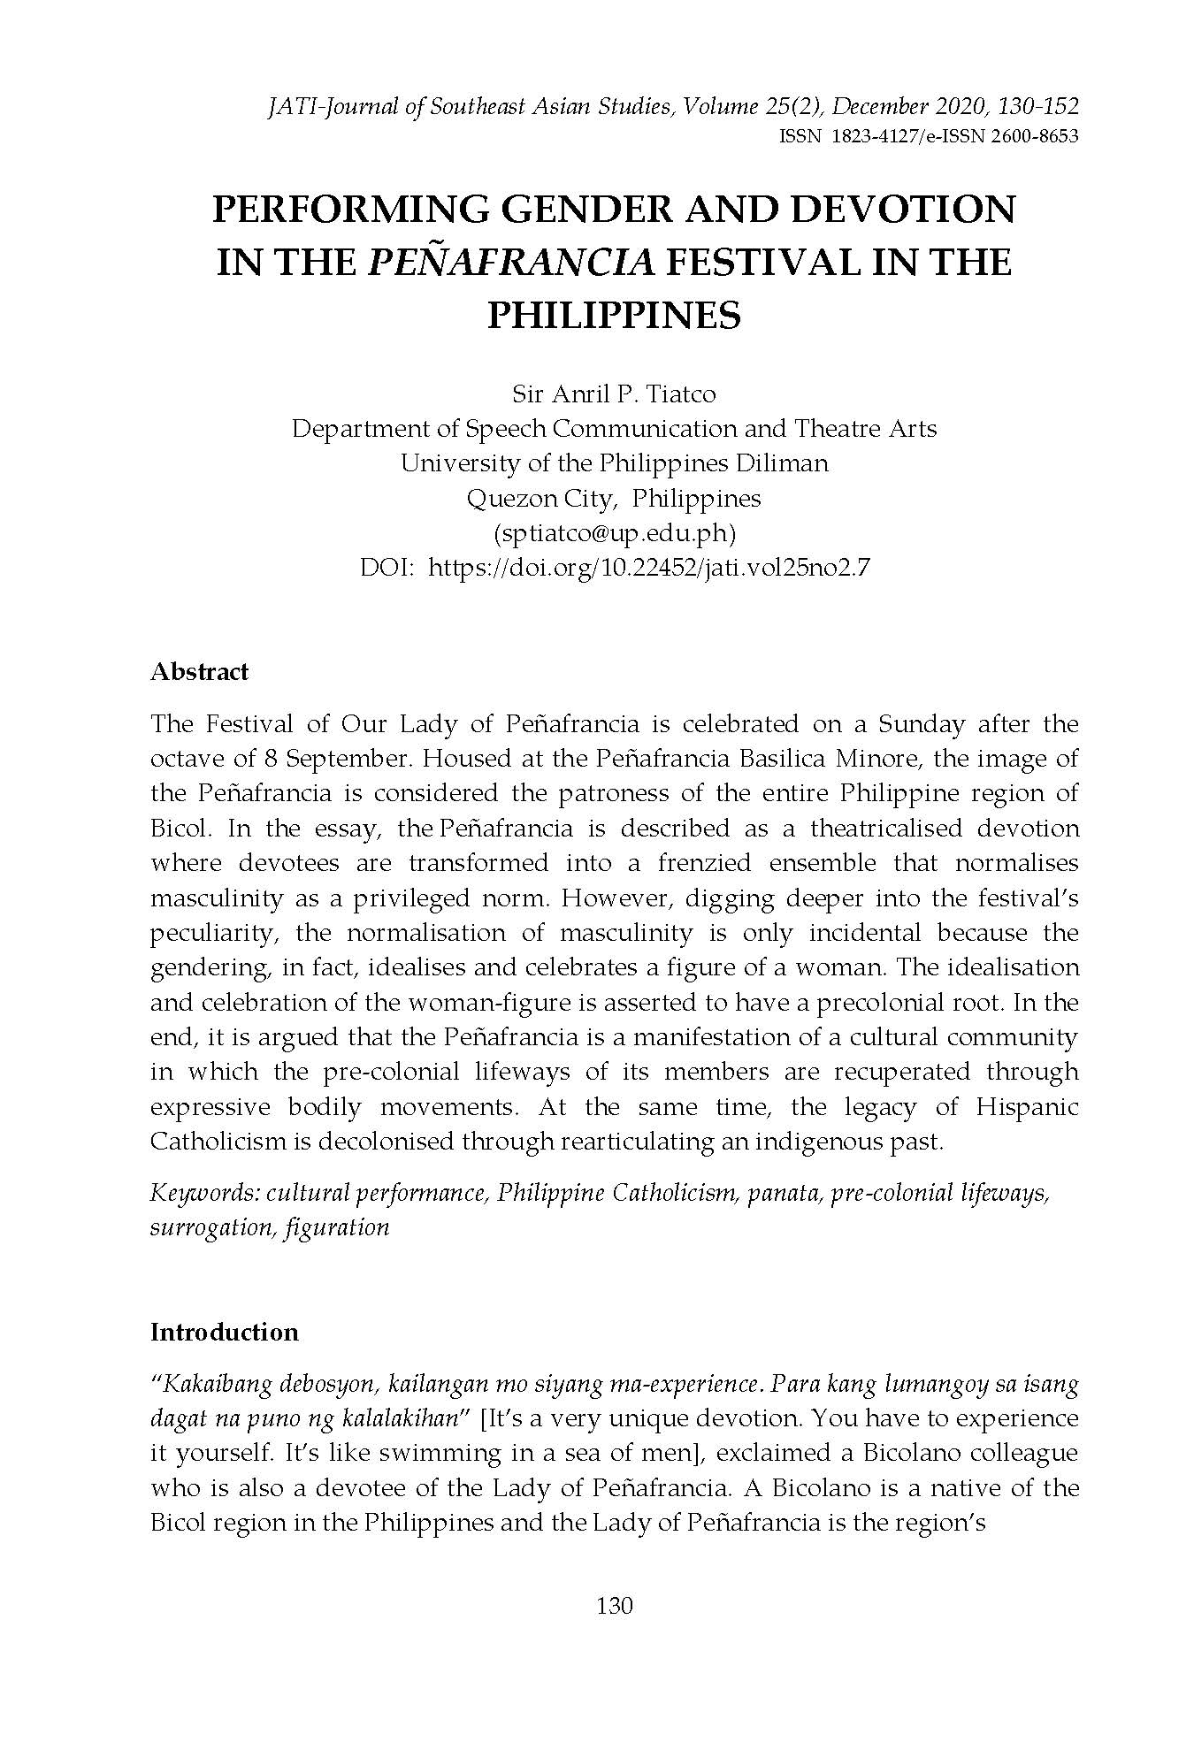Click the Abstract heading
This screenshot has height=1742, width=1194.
(199, 672)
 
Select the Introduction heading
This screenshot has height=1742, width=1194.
(224, 1332)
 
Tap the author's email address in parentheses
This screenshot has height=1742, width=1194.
(614, 533)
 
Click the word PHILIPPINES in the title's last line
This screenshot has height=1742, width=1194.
(614, 315)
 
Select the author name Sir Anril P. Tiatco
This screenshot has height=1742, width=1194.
(614, 393)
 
